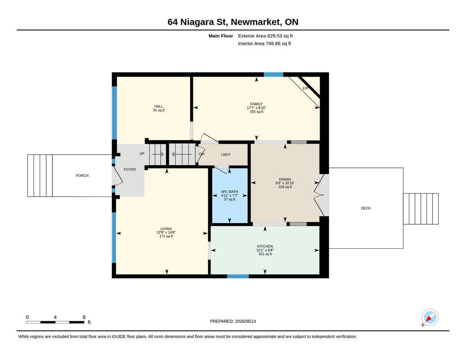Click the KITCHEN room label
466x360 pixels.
[x=265, y=246]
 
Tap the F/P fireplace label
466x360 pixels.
[x=305, y=88]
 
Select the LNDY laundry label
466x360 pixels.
[x=226, y=155]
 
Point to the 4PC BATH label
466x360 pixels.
[x=229, y=192]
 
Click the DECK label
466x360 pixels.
[x=366, y=208]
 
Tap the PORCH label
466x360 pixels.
[x=82, y=175]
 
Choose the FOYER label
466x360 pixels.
[x=130, y=169]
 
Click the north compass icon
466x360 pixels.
[x=430, y=317]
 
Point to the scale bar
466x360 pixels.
[x=55, y=322]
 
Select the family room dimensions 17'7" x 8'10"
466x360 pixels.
[x=256, y=108]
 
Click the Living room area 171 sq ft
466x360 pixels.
[x=166, y=236]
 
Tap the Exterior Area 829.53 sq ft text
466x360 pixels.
[x=265, y=36]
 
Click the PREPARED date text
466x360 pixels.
[x=233, y=321]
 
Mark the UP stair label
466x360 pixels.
[x=142, y=154]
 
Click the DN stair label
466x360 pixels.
[x=202, y=154]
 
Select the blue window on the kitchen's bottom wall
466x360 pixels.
[x=238, y=276]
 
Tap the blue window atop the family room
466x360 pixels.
[x=273, y=74]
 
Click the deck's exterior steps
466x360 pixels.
[x=421, y=209]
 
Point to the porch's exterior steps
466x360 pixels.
[x=40, y=175]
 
